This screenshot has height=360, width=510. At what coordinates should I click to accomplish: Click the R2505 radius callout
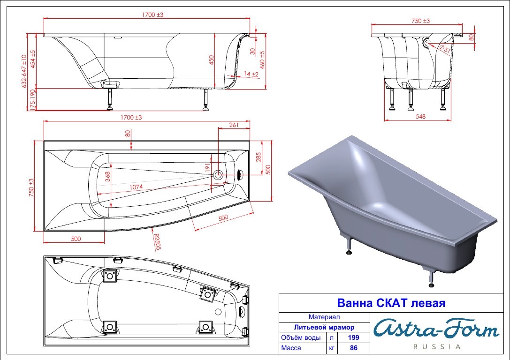point(158,242)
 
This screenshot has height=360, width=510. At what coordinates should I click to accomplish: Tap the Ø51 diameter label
point(445,49)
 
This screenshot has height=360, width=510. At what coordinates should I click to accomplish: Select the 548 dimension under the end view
point(420,116)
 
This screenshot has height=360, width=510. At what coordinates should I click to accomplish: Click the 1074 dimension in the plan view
point(136,187)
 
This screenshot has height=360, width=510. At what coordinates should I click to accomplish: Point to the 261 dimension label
point(234,125)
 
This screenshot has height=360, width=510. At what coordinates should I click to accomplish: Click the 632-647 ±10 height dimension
point(24,71)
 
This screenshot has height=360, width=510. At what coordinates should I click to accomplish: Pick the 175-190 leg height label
point(32,100)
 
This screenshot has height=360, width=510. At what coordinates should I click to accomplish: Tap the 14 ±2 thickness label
point(251,74)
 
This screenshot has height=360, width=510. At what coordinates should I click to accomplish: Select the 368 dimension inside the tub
point(107,176)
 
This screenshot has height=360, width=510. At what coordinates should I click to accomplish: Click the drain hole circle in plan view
point(218,175)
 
